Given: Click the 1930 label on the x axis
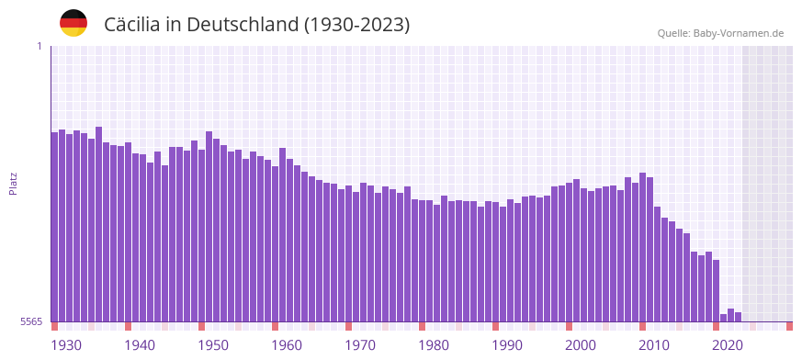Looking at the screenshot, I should pos(66,345).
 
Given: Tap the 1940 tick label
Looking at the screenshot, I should pos(140,345).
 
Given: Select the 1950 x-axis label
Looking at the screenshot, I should pos(213,345).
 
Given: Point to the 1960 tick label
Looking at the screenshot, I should pos(287,345).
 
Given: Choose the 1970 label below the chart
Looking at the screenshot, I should pos(360,345).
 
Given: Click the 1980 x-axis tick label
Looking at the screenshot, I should pos(434,345).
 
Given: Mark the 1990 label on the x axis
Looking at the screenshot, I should pos(507,345).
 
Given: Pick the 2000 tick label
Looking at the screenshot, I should pos(581,345).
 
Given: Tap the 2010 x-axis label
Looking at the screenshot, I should pos(654,345).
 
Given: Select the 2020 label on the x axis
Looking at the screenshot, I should pos(728,345).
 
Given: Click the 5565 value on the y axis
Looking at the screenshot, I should pos(30,321).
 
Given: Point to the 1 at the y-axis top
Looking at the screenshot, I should pos(40,46).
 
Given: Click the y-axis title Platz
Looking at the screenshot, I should pos(13,184).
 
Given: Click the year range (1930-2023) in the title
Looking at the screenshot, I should pos(357,25).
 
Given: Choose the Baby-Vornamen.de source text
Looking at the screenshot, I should pos(739,33).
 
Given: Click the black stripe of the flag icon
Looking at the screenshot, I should pos(73,14).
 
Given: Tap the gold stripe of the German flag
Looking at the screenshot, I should pos(73,32).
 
